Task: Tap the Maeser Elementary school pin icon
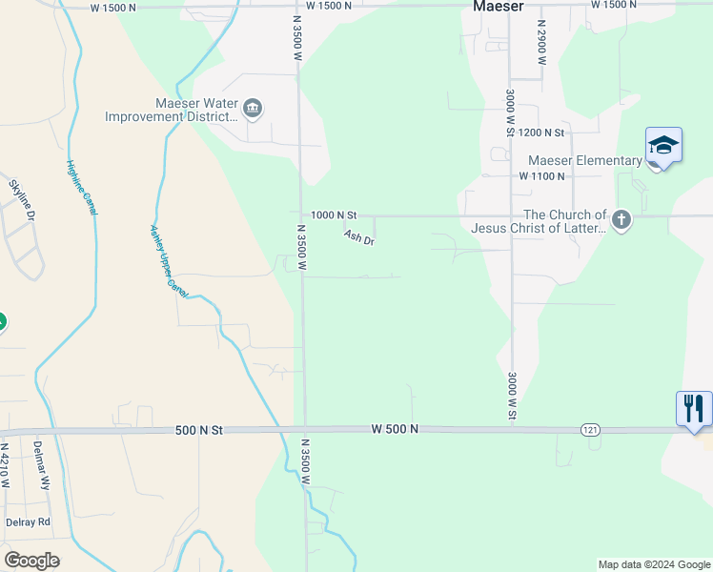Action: point(663,146)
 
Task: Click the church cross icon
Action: point(621,220)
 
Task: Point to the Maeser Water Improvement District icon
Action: point(253,109)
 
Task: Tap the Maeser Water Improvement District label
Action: point(171,110)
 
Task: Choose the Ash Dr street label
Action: point(358,237)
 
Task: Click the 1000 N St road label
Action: point(333,215)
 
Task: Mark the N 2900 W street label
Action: point(540,41)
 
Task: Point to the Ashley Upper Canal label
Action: point(163,258)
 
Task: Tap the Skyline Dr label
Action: point(22,201)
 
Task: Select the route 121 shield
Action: point(589,431)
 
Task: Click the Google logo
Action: point(31,561)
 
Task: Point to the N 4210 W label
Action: point(6,465)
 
